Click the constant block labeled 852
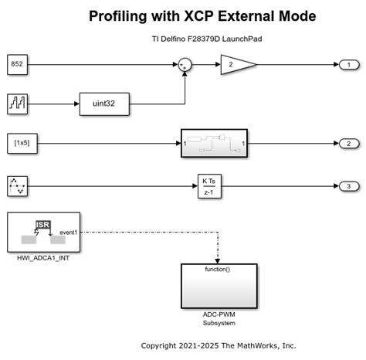click(18, 64)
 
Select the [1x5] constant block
click(18, 144)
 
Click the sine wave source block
click(18, 185)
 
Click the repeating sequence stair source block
click(18, 102)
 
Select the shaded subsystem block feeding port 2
click(214, 144)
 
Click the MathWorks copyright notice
click(219, 345)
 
